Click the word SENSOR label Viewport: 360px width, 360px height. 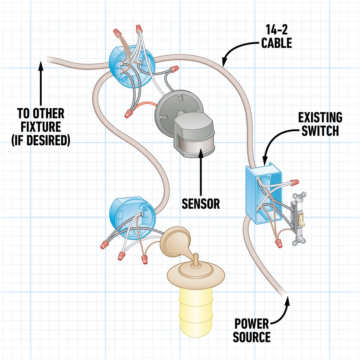[x=201, y=204]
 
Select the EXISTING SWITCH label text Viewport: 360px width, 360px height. [x=320, y=124]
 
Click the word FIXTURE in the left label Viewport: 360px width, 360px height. [x=41, y=127]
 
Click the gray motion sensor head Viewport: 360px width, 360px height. [x=194, y=135]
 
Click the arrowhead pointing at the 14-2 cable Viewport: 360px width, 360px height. [x=224, y=61]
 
